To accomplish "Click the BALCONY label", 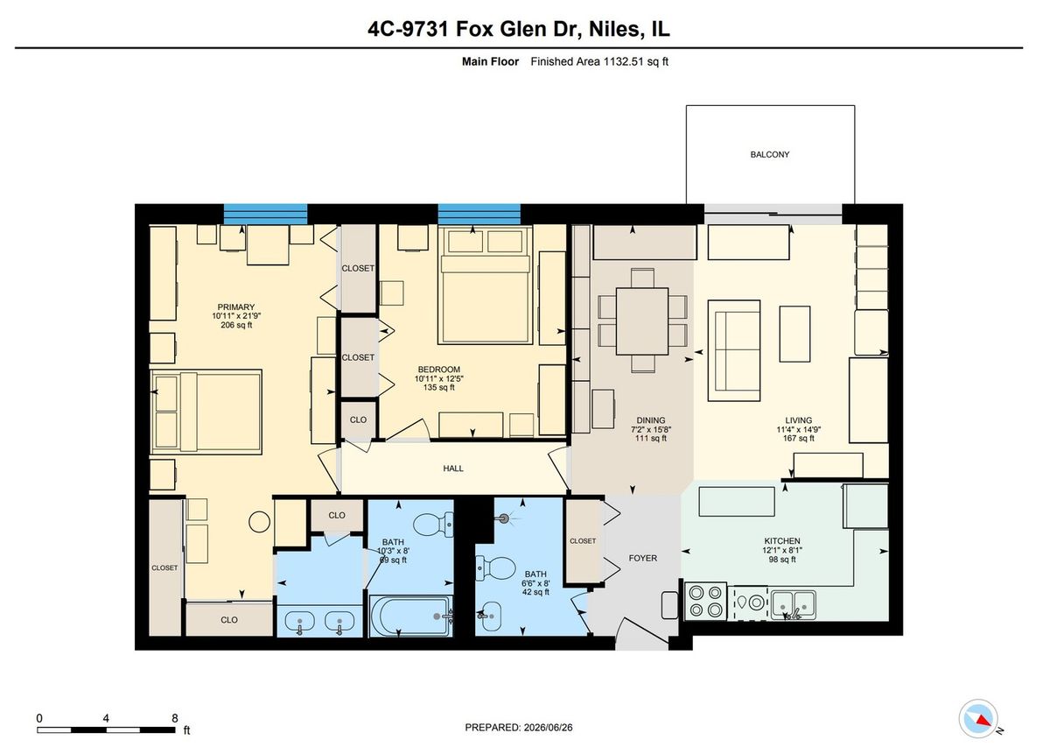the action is click(770, 154).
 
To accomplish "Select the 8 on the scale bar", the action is click(175, 718).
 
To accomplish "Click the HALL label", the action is click(453, 469).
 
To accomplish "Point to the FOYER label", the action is click(642, 558).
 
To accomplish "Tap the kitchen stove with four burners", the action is click(705, 601).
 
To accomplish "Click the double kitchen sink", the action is click(793, 605).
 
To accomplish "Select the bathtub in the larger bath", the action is click(411, 616).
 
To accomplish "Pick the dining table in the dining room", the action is click(642, 321).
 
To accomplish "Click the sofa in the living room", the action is click(733, 350).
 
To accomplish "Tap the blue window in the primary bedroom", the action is click(265, 214).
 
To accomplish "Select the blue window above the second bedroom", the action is click(479, 214).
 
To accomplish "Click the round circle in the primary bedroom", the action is click(259, 522).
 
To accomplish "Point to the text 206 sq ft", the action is click(236, 325).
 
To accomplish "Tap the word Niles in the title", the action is click(614, 29).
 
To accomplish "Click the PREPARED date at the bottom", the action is click(518, 728).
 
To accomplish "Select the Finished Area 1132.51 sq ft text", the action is click(599, 61).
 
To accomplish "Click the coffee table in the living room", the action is click(794, 334).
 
